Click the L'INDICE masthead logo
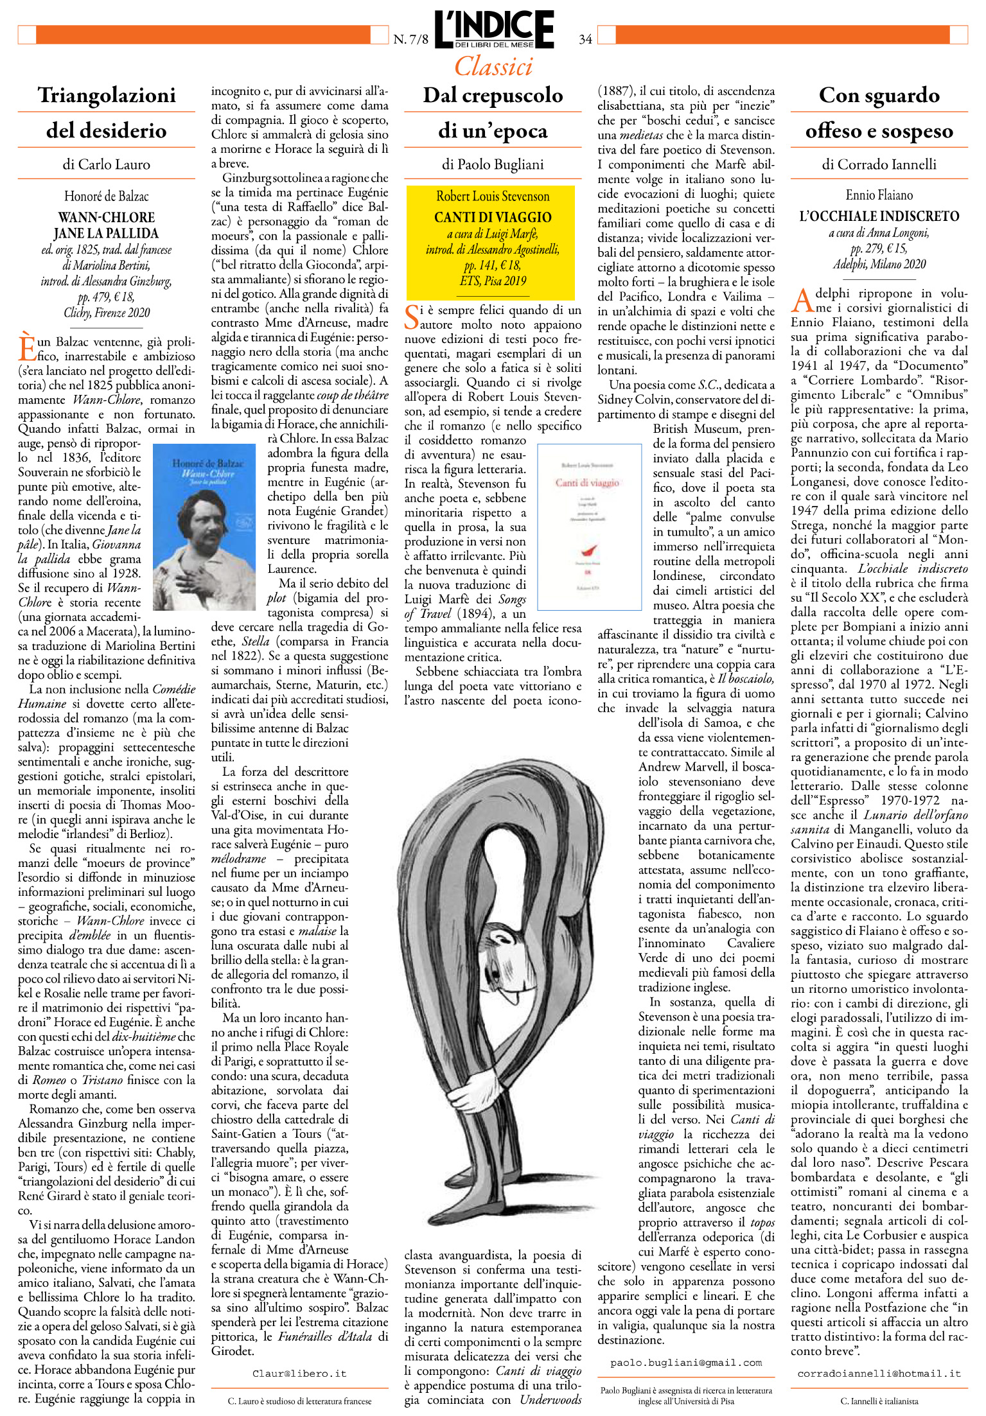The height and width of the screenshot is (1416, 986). tap(493, 29)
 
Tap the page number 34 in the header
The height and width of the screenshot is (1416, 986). tap(585, 39)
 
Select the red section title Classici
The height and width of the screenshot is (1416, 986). tap(493, 66)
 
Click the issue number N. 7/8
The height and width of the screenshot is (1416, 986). tap(410, 39)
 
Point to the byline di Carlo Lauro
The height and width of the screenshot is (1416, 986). tap(107, 164)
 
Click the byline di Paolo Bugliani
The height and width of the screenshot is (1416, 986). tap(493, 164)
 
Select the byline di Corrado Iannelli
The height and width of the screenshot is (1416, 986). tap(879, 164)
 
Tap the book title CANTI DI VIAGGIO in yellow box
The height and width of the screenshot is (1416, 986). tap(493, 217)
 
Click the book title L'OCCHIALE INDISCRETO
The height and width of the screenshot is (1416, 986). tap(879, 216)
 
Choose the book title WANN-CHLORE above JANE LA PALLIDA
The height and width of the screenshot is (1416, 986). tap(107, 217)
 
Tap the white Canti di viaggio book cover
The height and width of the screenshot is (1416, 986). tap(589, 526)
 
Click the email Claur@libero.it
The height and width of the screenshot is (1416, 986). tap(299, 1374)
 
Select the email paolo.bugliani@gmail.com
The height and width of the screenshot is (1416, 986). tap(685, 1362)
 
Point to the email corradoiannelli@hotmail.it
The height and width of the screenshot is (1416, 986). tap(879, 1374)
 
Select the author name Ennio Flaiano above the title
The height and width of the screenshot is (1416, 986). tap(879, 195)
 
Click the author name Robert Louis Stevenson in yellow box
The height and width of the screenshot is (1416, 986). tap(493, 197)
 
